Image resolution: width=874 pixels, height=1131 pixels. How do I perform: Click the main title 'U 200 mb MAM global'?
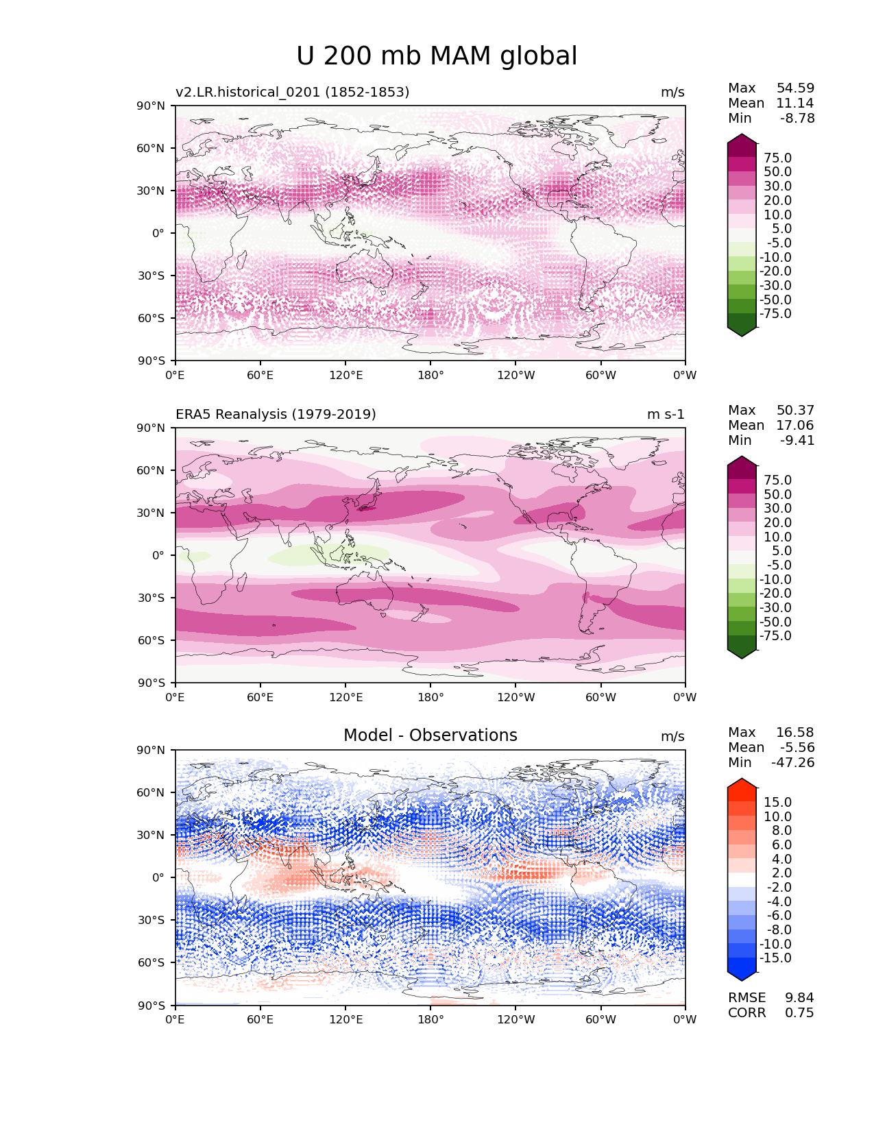point(437,56)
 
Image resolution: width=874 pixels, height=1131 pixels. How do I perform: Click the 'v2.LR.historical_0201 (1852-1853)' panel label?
point(292,92)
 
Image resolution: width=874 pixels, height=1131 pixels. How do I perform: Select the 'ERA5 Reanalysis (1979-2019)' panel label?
point(276,414)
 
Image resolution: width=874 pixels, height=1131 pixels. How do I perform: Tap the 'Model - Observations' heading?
point(430,735)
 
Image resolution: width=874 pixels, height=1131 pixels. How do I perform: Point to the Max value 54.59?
point(795,88)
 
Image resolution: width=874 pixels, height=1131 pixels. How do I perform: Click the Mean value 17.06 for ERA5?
point(795,425)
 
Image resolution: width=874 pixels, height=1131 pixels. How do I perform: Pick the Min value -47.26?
point(793,762)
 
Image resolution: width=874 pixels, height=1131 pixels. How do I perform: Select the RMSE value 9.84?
point(799,997)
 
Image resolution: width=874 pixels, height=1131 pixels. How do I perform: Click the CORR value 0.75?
point(799,1012)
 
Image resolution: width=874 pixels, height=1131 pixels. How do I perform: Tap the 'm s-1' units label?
point(666,414)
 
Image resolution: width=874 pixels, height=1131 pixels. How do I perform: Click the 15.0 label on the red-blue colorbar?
point(777,802)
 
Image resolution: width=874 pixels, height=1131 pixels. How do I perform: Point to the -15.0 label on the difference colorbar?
point(775,958)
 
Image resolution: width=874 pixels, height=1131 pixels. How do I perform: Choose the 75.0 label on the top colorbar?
point(777,158)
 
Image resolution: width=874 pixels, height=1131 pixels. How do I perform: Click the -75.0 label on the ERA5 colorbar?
point(775,635)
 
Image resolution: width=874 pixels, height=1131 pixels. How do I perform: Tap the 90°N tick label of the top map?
point(151,106)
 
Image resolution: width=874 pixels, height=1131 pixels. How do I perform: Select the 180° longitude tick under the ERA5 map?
point(430,697)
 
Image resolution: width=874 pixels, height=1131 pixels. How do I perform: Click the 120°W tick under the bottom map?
point(515,1019)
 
